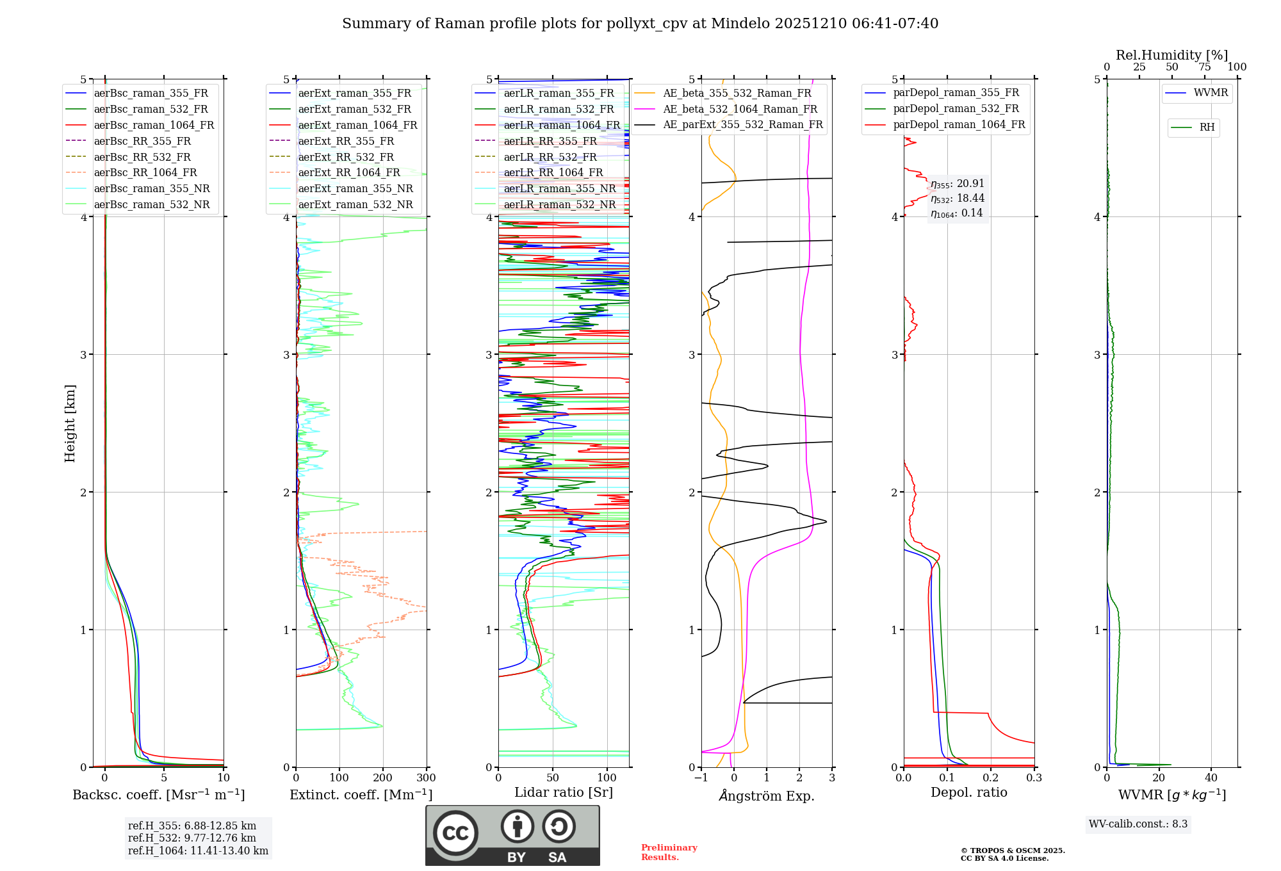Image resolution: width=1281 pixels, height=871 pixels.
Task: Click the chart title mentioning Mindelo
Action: point(640,24)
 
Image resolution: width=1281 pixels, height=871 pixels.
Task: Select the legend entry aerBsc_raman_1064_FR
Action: point(154,125)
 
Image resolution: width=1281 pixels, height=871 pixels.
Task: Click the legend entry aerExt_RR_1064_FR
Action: point(349,172)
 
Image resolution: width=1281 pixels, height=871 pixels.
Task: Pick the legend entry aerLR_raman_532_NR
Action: point(559,204)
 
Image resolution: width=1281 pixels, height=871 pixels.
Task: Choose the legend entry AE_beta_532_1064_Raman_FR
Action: point(740,109)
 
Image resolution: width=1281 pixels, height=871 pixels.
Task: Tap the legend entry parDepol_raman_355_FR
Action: point(956,93)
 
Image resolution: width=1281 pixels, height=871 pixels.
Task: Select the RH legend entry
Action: point(1207,127)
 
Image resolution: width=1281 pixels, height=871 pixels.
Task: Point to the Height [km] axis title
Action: point(70,423)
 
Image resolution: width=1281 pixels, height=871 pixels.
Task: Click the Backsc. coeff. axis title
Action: point(158,795)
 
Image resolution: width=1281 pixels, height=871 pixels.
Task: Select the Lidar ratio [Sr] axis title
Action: point(563,792)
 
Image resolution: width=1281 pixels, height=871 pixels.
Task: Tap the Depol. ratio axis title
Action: point(968,792)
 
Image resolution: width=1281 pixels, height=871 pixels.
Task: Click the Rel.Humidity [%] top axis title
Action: point(1171,55)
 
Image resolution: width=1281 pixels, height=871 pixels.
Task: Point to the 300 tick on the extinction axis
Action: point(426,777)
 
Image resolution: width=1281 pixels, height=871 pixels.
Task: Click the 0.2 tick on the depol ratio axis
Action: point(990,777)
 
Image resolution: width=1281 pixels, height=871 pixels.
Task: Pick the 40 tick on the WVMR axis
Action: point(1211,777)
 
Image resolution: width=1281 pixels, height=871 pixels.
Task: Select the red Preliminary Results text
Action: point(669,852)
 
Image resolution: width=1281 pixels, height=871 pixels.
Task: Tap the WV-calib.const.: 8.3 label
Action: point(1138,824)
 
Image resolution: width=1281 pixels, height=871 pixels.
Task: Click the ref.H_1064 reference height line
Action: point(198,851)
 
